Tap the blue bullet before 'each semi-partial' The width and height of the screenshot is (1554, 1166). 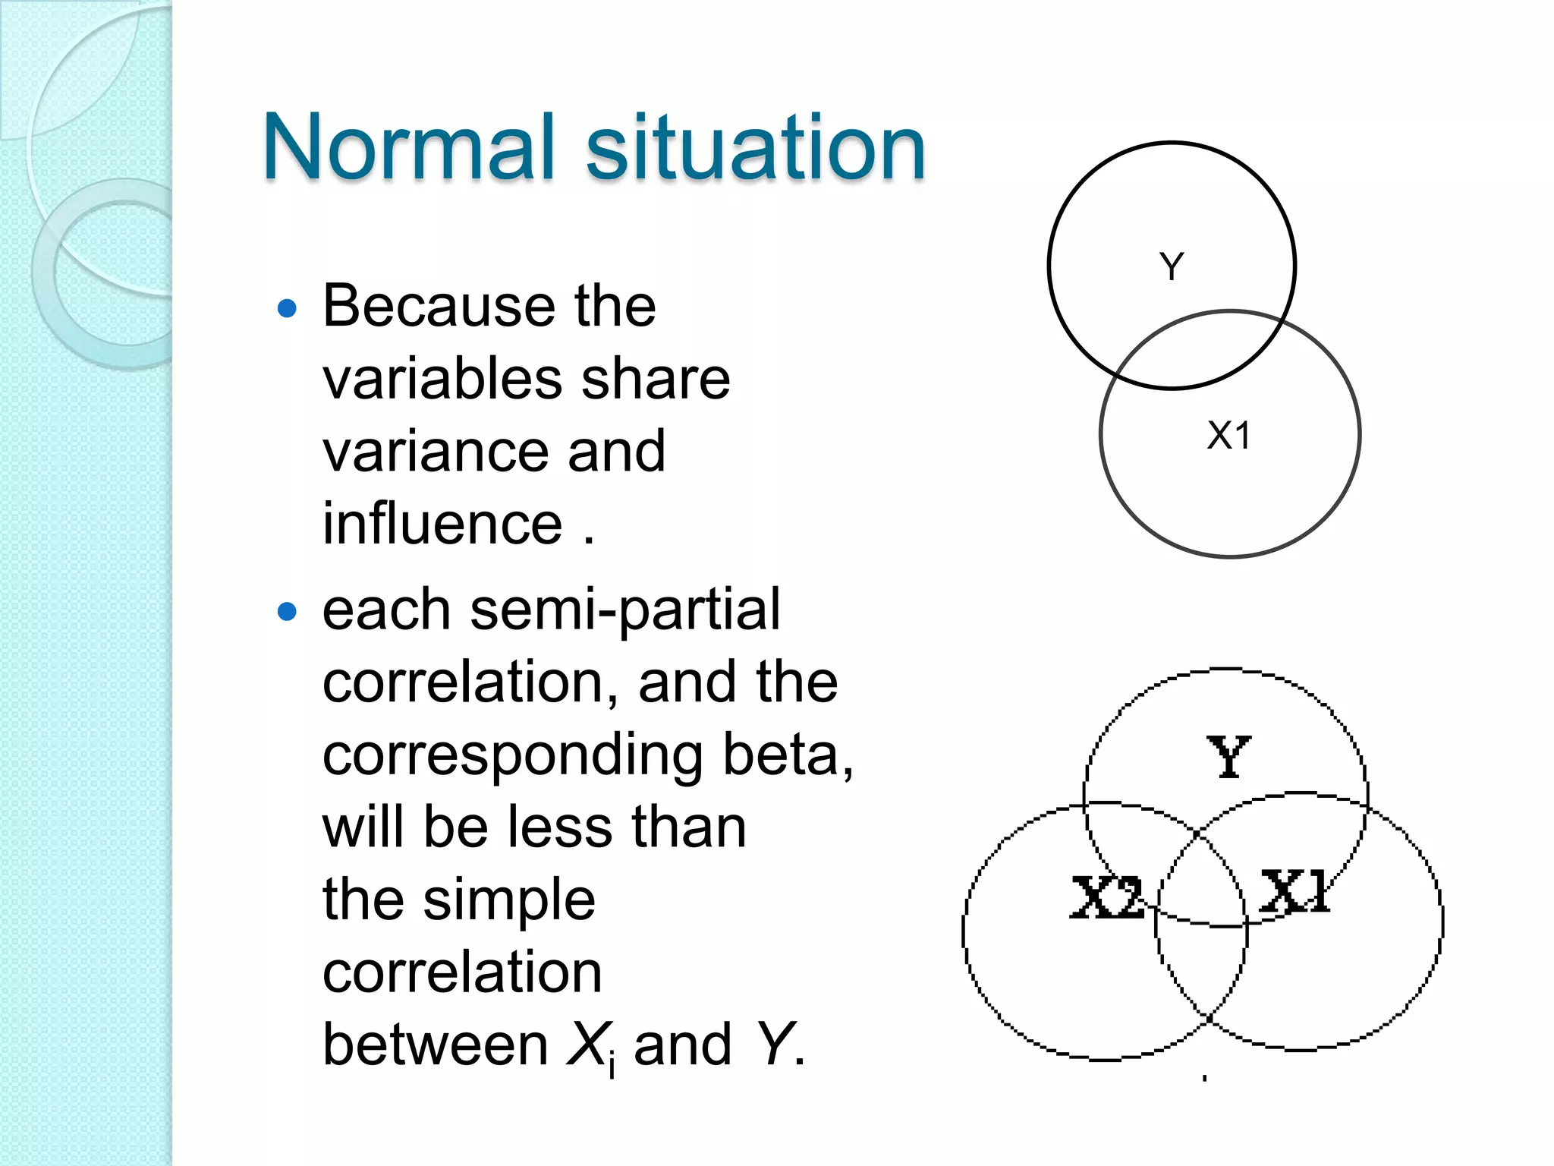[287, 612]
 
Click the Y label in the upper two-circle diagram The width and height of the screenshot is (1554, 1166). [1172, 267]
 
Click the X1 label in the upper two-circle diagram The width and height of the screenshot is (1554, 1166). [1228, 436]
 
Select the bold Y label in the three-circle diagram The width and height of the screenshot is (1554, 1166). [1228, 757]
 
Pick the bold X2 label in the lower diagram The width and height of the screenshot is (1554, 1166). [1106, 897]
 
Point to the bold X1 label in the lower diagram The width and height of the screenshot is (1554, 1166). [1294, 891]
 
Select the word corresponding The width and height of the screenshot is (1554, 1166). [513, 756]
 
